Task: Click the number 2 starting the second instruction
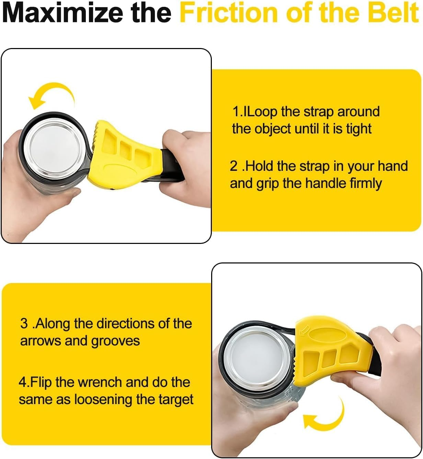point(233,166)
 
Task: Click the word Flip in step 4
point(42,382)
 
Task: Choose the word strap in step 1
point(314,112)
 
